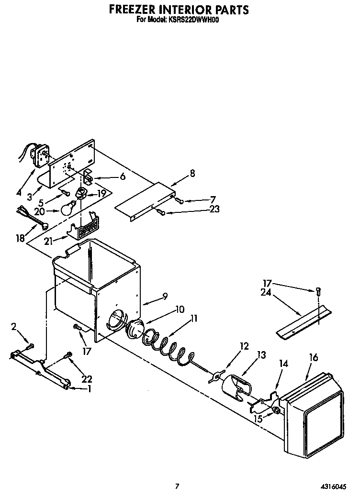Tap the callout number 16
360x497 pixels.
coord(314,356)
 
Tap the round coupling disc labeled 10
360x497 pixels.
coord(134,330)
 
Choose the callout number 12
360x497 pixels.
coord(245,346)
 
